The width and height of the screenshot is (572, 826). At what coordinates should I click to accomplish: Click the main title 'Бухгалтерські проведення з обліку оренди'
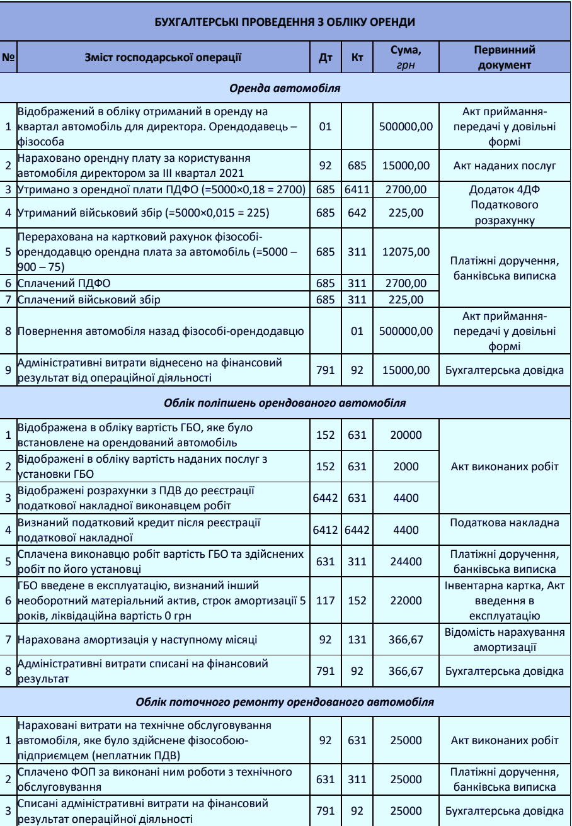(x=285, y=21)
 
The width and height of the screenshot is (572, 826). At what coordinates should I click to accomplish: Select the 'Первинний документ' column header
(x=504, y=57)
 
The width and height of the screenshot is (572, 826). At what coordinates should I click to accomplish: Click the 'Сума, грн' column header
(x=406, y=57)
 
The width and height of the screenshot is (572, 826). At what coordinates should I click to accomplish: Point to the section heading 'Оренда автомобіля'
(x=285, y=88)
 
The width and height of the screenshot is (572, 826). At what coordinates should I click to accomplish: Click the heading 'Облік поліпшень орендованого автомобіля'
(x=285, y=402)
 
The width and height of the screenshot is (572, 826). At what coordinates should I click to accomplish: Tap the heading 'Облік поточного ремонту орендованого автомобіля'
(x=285, y=701)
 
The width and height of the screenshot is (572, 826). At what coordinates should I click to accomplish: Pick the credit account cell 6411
(x=357, y=189)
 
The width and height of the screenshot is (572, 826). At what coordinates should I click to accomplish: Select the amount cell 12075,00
(x=406, y=252)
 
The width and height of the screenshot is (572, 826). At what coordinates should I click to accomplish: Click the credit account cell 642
(x=357, y=213)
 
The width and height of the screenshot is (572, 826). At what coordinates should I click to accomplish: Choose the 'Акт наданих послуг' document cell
(x=504, y=166)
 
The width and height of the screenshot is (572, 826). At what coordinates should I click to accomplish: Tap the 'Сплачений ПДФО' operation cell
(x=163, y=283)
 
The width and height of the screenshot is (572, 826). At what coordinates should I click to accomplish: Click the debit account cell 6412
(x=326, y=530)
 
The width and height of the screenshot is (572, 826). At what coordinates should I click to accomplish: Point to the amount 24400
(x=406, y=562)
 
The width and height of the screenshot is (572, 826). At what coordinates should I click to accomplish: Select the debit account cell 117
(x=326, y=601)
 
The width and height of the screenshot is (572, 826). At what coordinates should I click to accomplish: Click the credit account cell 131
(x=357, y=640)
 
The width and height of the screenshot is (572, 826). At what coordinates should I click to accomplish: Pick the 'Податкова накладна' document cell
(x=504, y=523)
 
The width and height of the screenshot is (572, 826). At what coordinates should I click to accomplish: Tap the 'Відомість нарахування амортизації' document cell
(x=504, y=640)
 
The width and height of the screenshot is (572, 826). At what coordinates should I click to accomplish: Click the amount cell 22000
(x=406, y=601)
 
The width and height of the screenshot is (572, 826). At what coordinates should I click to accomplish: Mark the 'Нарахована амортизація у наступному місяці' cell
(x=163, y=640)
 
